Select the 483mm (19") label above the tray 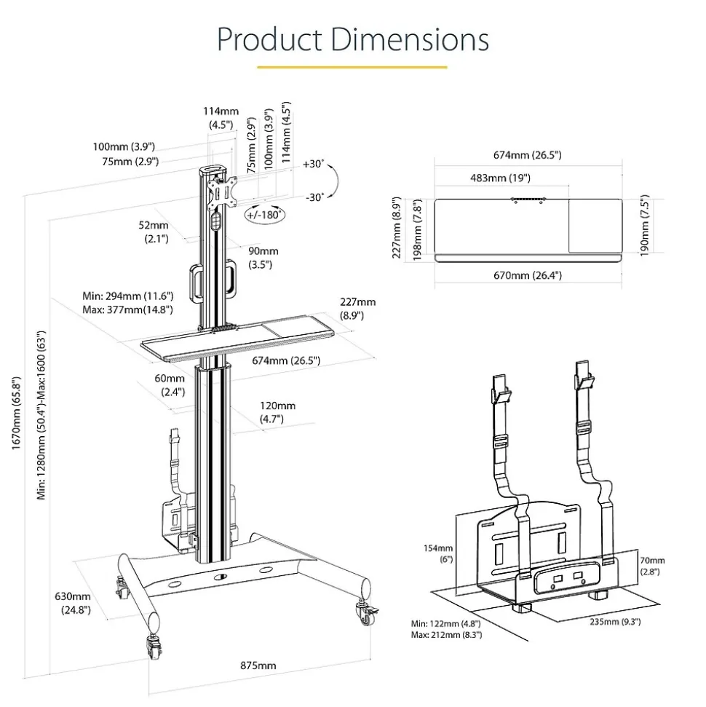point(500,178)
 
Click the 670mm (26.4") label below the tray point(528,275)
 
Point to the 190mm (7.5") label point(643,224)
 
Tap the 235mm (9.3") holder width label point(616,621)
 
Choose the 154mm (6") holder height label point(441,553)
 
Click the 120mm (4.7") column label point(277,412)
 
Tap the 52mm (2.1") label point(154,232)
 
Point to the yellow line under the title point(352,67)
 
